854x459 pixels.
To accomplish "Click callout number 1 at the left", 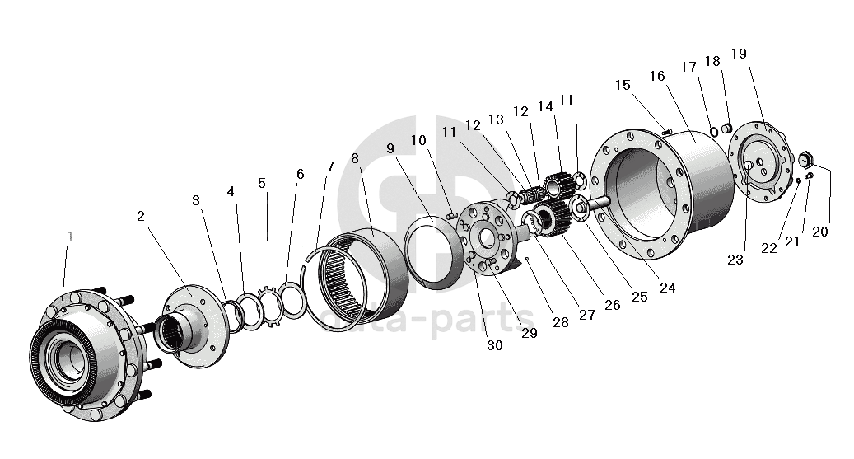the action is pos(70,237).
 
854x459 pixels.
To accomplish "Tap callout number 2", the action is pos(141,216).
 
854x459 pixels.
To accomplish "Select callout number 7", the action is pos(329,166).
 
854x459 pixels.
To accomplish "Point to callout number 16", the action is pos(656,76).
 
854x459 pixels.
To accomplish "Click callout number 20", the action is pos(820,232).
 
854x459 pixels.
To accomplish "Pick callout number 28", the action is pos(561,322).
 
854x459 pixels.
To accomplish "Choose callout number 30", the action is pos(494,346).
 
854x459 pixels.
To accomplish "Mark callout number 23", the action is pos(735,260).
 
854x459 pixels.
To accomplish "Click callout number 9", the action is pos(391,148).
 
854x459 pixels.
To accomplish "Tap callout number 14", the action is pos(545,106).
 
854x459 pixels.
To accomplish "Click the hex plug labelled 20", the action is pos(807,157).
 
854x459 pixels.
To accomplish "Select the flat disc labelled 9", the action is pos(434,252).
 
